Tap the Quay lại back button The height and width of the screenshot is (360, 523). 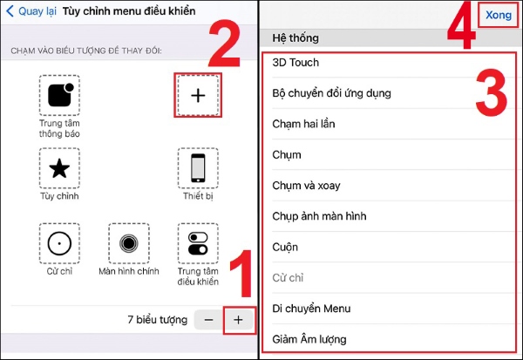click(x=31, y=11)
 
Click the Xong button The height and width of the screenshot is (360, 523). click(x=499, y=15)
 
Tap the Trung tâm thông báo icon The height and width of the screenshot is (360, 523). click(x=59, y=95)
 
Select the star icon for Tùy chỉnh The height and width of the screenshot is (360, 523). click(x=59, y=168)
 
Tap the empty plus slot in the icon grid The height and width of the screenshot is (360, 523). click(x=198, y=95)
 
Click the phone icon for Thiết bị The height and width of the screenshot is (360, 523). click(x=198, y=168)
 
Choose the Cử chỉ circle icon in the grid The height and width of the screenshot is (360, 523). click(x=59, y=243)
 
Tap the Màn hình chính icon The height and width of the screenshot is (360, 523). click(x=129, y=243)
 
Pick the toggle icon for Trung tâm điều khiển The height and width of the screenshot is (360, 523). click(x=198, y=243)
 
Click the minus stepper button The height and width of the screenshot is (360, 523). click(x=209, y=320)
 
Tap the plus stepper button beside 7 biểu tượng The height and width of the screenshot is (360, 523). click(x=238, y=320)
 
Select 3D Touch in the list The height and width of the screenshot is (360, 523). click(x=295, y=63)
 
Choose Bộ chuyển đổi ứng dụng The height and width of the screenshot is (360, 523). click(x=331, y=93)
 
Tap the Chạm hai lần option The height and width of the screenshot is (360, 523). click(x=303, y=124)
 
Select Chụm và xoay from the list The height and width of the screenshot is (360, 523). click(x=306, y=186)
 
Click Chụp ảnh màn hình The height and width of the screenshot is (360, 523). click(x=319, y=216)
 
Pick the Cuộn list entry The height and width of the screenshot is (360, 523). click(x=285, y=247)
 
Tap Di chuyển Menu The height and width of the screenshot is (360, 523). click(x=311, y=309)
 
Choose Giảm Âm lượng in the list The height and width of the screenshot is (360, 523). click(x=309, y=339)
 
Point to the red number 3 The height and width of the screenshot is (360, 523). click(x=492, y=92)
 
